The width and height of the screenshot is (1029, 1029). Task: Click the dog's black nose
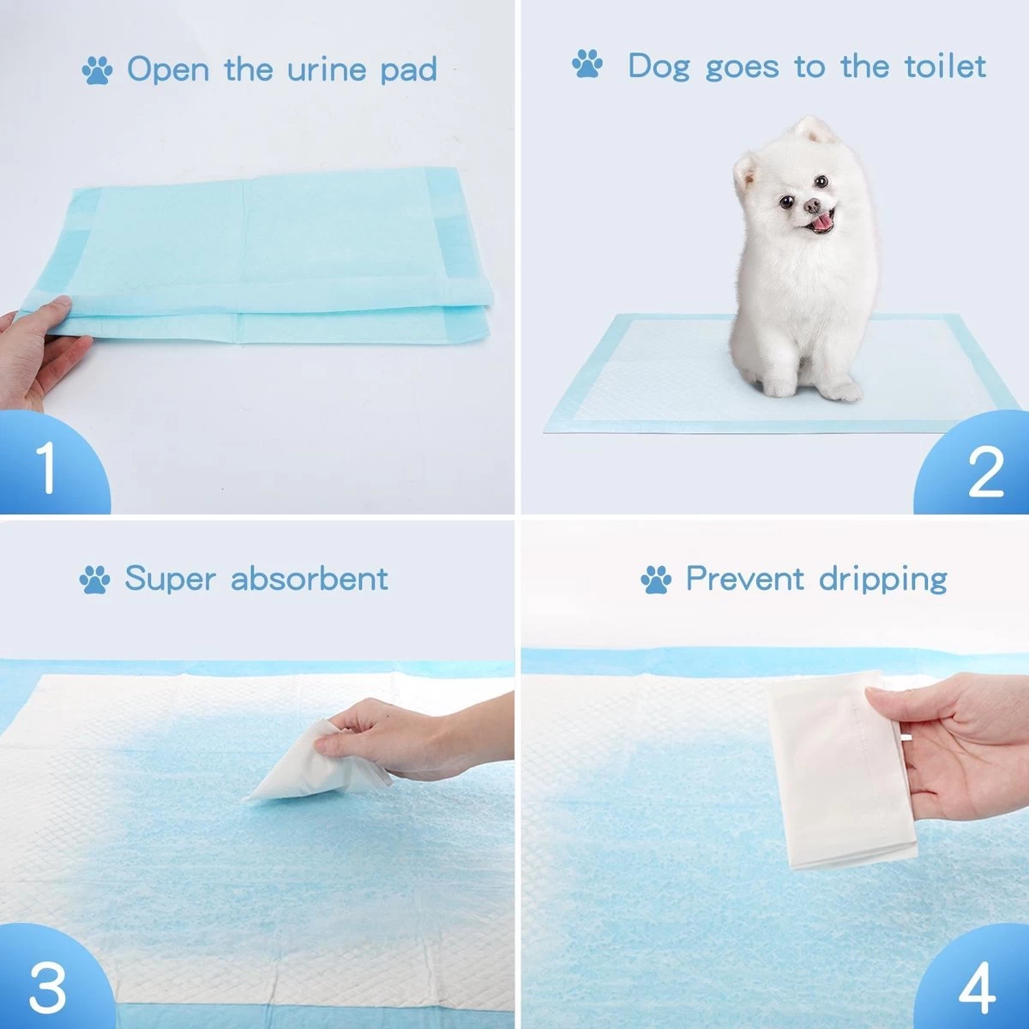click(811, 206)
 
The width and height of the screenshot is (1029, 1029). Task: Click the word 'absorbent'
click(310, 579)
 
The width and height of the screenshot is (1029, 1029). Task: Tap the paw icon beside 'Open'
click(98, 69)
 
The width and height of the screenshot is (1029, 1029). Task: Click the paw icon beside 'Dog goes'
click(587, 64)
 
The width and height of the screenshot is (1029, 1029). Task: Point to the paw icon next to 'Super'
click(94, 581)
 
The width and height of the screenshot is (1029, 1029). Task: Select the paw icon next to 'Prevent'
click(656, 581)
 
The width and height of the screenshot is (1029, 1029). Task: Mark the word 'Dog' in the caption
click(659, 68)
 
